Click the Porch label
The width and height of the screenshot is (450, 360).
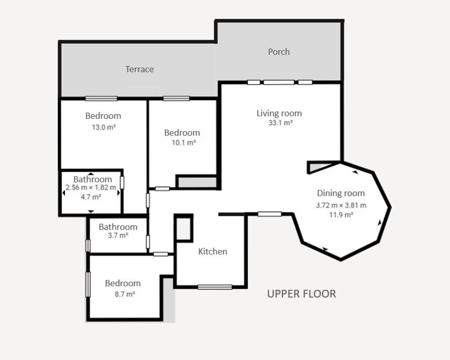pyautogui.click(x=279, y=52)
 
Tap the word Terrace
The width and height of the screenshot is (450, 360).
pyautogui.click(x=140, y=69)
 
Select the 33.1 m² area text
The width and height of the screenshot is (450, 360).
pyautogui.click(x=281, y=123)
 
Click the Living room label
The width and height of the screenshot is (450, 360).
pyautogui.click(x=279, y=113)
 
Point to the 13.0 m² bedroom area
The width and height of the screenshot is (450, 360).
pyautogui.click(x=104, y=127)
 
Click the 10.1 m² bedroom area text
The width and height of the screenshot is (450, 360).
pyautogui.click(x=184, y=143)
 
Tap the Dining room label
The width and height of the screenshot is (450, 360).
pyautogui.click(x=341, y=193)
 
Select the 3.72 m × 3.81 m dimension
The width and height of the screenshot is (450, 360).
pyautogui.click(x=341, y=205)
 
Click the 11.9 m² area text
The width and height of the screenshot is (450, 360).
pyautogui.click(x=341, y=215)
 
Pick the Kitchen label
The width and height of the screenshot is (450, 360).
pyautogui.click(x=212, y=251)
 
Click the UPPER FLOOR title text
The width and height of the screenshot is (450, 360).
pyautogui.click(x=301, y=294)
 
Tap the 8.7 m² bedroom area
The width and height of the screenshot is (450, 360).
pyautogui.click(x=124, y=294)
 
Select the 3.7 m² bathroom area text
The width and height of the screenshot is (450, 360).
pyautogui.click(x=118, y=236)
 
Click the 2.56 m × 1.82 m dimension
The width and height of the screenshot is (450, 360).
pyautogui.click(x=91, y=188)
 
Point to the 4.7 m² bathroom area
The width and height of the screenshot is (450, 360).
pyautogui.click(x=91, y=197)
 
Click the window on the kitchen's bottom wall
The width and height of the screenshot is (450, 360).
pyautogui.click(x=214, y=287)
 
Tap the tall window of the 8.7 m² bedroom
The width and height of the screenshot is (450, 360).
pyautogui.click(x=88, y=284)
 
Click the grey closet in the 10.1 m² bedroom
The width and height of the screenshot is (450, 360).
pyautogui.click(x=197, y=182)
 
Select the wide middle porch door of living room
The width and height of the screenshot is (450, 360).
pyautogui.click(x=279, y=82)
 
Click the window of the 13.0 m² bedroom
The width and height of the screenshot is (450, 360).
pyautogui.click(x=101, y=99)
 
